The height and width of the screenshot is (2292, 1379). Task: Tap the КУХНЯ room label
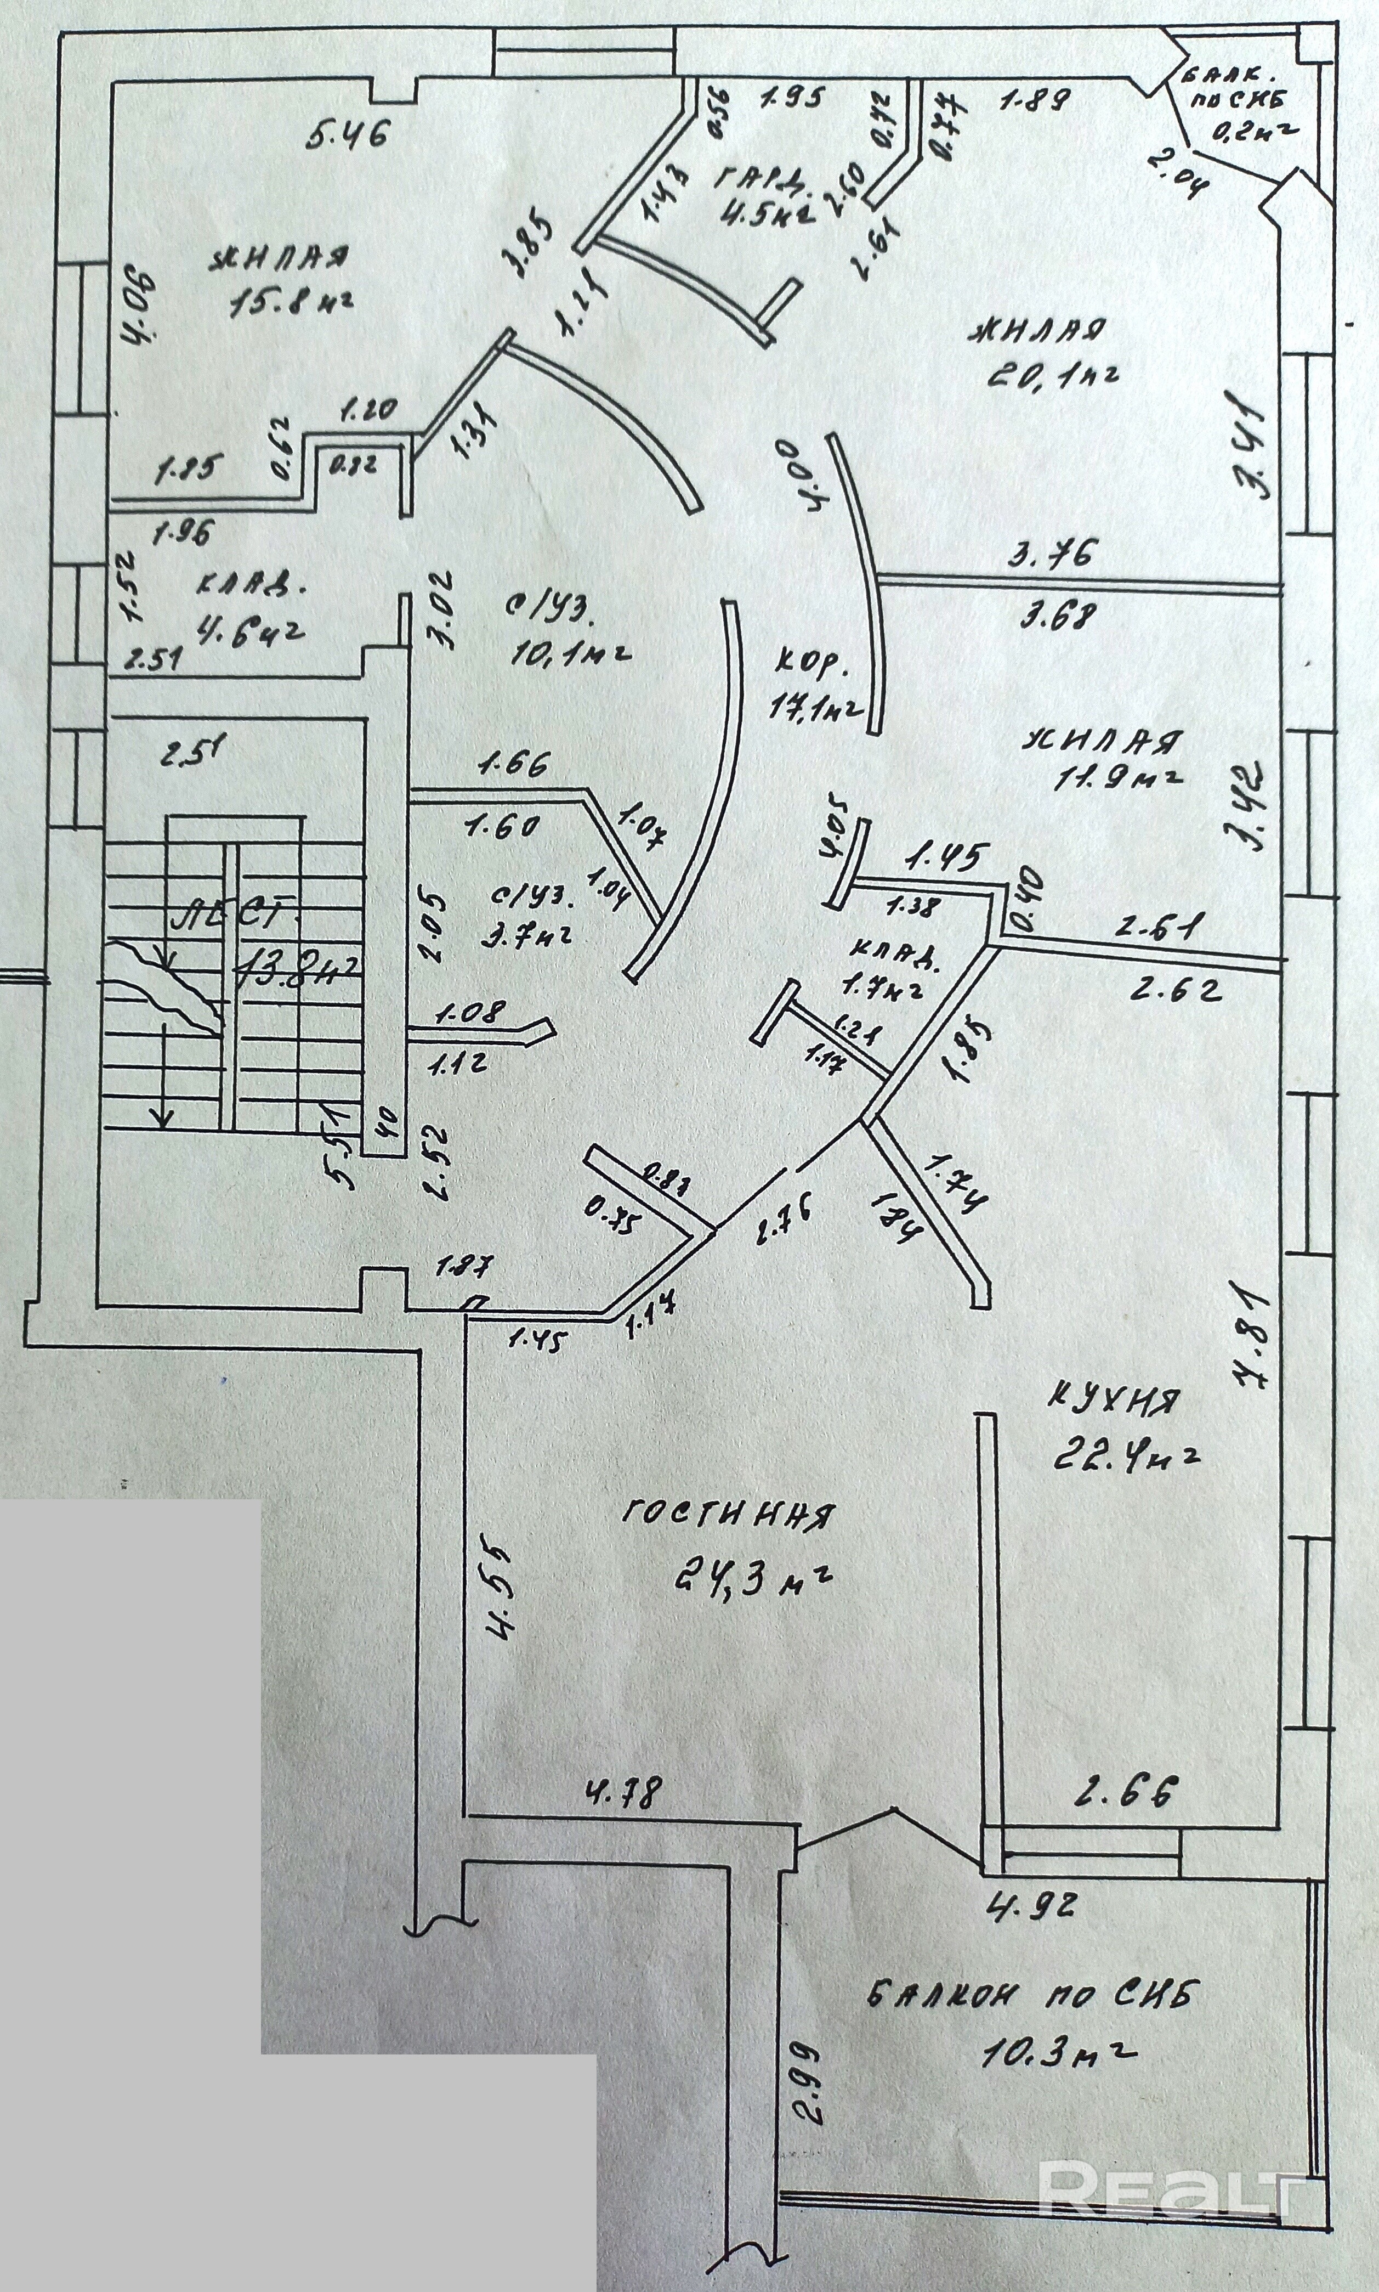point(1115,1399)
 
